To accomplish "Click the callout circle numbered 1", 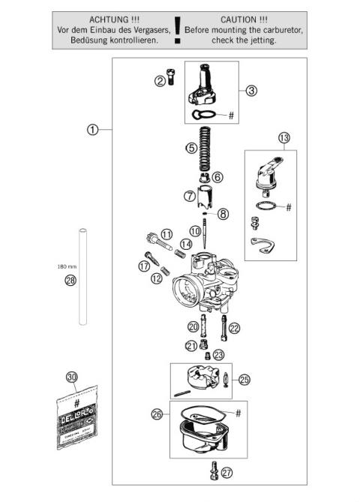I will click(x=91, y=129).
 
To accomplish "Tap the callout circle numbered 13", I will click(x=283, y=138).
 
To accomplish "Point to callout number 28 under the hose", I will click(x=70, y=281).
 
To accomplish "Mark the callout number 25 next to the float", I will click(x=244, y=380).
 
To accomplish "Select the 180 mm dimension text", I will click(x=66, y=266).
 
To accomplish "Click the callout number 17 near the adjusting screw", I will click(x=143, y=266).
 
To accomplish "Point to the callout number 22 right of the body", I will click(x=234, y=327).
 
